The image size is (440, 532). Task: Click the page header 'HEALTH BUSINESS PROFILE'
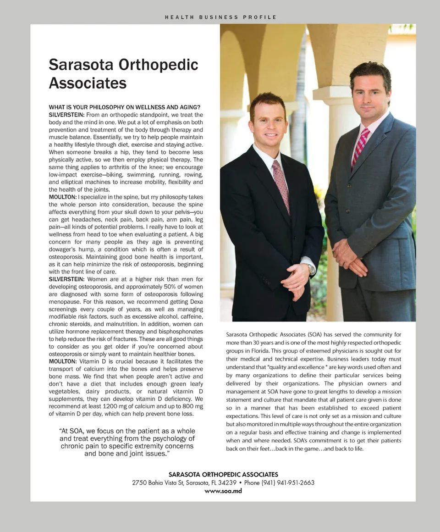[x=220, y=17]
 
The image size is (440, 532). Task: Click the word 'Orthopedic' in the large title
[x=158, y=64]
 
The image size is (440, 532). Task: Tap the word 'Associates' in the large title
[x=88, y=83]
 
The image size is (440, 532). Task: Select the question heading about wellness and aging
[x=124, y=107]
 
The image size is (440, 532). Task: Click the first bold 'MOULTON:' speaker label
[x=63, y=197]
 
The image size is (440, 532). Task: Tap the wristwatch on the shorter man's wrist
[x=312, y=269]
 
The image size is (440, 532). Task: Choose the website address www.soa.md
[x=223, y=491]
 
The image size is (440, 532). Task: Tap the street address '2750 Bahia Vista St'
[x=158, y=483]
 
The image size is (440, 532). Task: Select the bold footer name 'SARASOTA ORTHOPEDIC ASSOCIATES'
[x=223, y=475]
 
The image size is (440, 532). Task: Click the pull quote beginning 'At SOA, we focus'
[x=127, y=442]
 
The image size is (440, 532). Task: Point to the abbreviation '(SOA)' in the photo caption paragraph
[x=314, y=335]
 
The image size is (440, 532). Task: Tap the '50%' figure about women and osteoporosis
[x=164, y=287]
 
